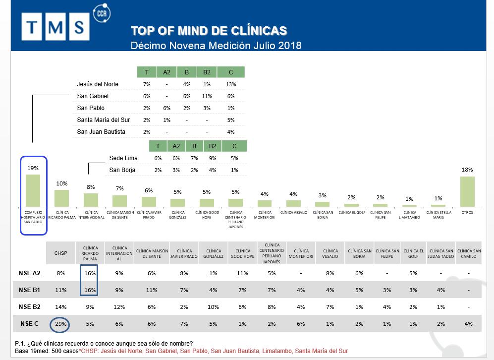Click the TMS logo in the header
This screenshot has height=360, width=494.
coord(55,27)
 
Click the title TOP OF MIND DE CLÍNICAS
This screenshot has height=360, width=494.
coord(209,31)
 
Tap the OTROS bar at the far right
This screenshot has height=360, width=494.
coord(467,191)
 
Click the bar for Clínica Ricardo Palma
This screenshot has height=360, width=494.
coord(61,198)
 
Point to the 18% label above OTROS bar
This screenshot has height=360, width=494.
coord(467,170)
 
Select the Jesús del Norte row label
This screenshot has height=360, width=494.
coord(98,84)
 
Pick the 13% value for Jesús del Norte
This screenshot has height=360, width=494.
coord(230,84)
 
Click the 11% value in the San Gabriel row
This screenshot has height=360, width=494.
coord(207,96)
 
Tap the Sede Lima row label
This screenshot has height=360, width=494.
coord(123,158)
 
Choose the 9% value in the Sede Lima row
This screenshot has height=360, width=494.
coord(213,158)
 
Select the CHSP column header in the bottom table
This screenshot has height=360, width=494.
coord(60,253)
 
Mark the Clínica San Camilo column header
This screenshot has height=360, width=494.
coord(469,253)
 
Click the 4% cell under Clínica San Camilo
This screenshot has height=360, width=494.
coord(469,324)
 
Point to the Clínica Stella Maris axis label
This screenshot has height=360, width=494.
coord(438,215)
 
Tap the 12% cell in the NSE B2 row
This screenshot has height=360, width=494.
coord(119,307)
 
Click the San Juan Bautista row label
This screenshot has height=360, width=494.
coord(101,132)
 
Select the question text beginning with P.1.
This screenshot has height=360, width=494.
coord(104,344)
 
